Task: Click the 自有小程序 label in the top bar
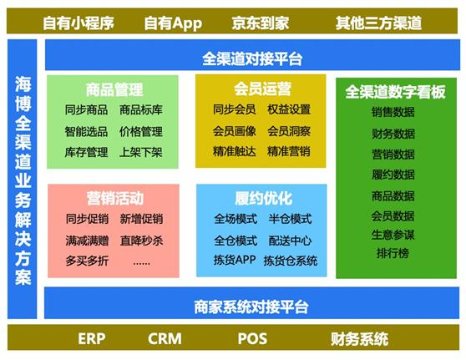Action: pyautogui.click(x=79, y=22)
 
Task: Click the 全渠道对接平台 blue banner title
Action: pyautogui.click(x=252, y=58)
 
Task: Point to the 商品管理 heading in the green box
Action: pyautogui.click(x=114, y=89)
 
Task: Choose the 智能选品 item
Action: pyautogui.click(x=86, y=131)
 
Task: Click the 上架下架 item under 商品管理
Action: pyautogui.click(x=141, y=152)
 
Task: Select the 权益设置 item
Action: pyautogui.click(x=289, y=109)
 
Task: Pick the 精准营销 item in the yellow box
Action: pyautogui.click(x=289, y=151)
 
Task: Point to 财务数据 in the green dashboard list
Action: pyautogui.click(x=393, y=133)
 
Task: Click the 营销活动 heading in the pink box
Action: pyautogui.click(x=114, y=198)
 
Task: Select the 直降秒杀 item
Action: pyautogui.click(x=141, y=240)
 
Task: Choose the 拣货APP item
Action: pyautogui.click(x=235, y=261)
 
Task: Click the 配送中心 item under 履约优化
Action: pyautogui.click(x=290, y=240)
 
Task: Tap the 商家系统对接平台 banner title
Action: pyautogui.click(x=251, y=305)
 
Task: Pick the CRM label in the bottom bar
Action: pyautogui.click(x=165, y=339)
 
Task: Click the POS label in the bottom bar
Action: pyautogui.click(x=252, y=339)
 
